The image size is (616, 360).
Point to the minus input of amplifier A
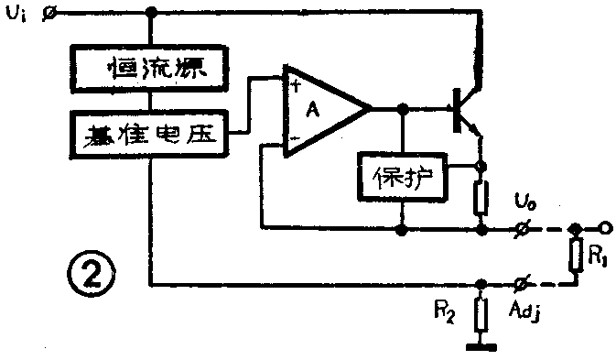pyautogui.click(x=297, y=139)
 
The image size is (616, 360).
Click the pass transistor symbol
pyautogui.click(x=463, y=109)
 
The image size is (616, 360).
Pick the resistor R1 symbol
pyautogui.click(x=575, y=255)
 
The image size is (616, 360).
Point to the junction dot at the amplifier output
pyautogui.click(x=403, y=109)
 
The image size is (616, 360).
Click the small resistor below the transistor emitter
pyautogui.click(x=480, y=198)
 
